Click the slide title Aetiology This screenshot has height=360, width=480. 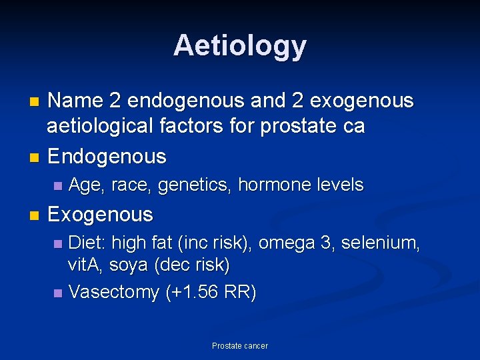click(240, 45)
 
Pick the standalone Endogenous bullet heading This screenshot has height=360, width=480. click(107, 157)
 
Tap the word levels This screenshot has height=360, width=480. click(341, 185)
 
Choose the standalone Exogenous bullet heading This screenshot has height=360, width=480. click(100, 215)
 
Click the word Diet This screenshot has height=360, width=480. click(86, 243)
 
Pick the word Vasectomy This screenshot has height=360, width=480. click(114, 292)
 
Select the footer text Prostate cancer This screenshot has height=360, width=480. click(240, 346)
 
